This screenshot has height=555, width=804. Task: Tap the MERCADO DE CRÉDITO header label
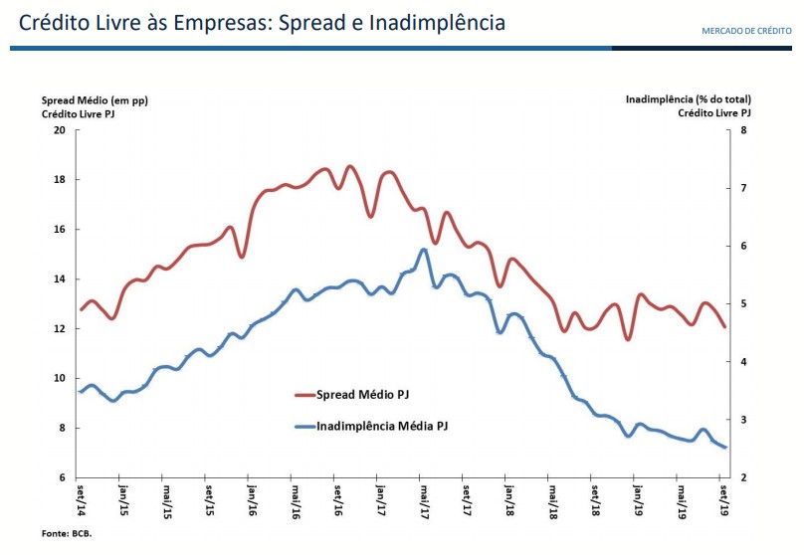[x=746, y=31]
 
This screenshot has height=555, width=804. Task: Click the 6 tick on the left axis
[x=62, y=478]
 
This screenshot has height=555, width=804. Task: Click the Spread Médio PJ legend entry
[x=362, y=395]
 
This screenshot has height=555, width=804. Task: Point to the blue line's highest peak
[x=423, y=250]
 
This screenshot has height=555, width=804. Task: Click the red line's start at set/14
[x=82, y=309]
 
